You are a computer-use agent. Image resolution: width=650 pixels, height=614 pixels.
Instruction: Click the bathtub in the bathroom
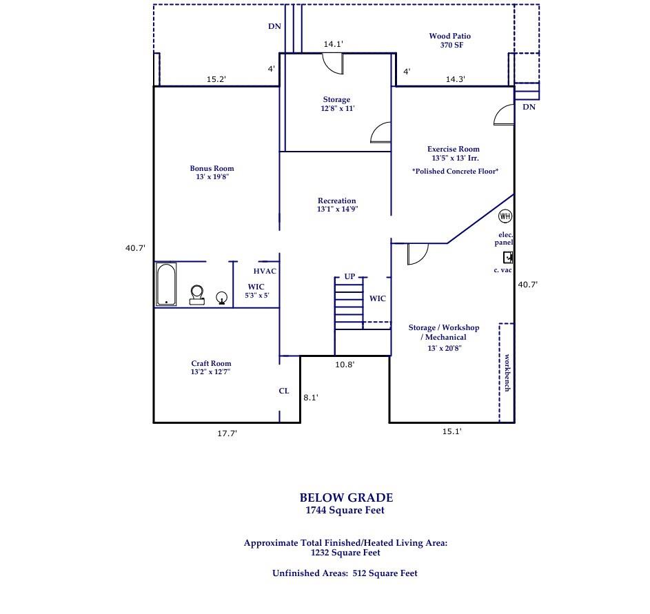tap(165, 284)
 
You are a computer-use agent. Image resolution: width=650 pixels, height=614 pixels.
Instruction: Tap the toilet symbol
tap(197, 295)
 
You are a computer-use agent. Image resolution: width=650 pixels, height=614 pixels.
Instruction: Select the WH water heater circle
tap(505, 216)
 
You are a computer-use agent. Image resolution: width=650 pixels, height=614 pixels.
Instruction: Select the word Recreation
tap(336, 201)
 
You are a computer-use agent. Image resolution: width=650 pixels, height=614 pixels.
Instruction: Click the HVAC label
tap(265, 271)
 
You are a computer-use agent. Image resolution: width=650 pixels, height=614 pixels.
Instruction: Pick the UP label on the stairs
tap(349, 276)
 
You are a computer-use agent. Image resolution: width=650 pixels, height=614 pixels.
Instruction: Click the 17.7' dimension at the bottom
tap(227, 433)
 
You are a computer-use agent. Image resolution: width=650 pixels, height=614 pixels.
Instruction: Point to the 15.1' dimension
tap(451, 431)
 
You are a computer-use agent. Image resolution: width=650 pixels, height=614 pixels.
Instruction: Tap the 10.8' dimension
tap(345, 365)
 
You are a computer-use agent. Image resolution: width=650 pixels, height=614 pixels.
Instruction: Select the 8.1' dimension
tap(311, 397)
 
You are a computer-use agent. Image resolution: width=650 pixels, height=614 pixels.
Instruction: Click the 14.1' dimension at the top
tap(334, 44)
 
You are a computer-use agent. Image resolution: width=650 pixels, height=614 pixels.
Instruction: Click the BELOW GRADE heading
tap(346, 497)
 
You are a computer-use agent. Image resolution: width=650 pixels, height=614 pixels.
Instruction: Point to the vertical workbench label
tap(507, 373)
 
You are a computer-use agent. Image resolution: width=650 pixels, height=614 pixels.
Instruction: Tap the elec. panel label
tap(505, 238)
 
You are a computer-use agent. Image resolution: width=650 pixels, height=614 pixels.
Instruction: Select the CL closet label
tap(284, 391)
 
